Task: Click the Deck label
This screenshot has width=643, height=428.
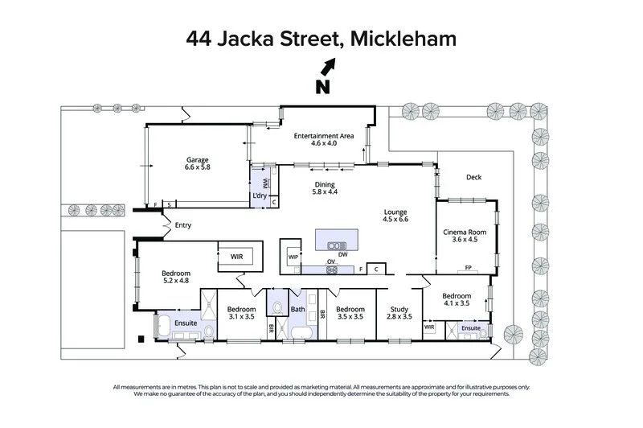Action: (x=473, y=178)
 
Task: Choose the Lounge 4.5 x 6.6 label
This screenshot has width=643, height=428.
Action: (x=395, y=216)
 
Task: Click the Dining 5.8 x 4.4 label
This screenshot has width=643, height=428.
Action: (x=325, y=188)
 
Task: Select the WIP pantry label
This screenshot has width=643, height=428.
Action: (x=293, y=257)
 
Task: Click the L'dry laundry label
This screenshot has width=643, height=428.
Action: (x=260, y=196)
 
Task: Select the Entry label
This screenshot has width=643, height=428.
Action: (x=182, y=225)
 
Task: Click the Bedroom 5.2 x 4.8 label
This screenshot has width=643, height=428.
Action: (x=174, y=276)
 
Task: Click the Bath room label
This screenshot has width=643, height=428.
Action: (x=297, y=309)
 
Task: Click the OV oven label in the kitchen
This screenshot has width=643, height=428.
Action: (x=330, y=262)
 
